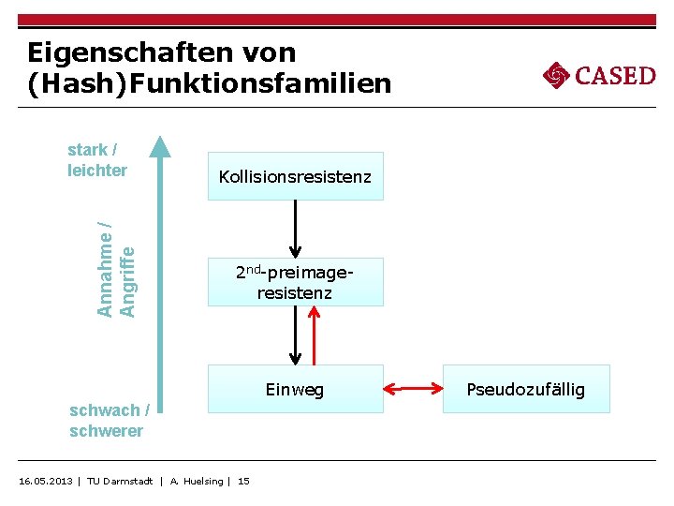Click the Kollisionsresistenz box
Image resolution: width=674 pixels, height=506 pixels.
tap(295, 176)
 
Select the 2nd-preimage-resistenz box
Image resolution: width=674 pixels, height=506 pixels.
tap(295, 282)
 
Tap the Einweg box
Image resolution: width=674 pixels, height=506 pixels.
tap(295, 389)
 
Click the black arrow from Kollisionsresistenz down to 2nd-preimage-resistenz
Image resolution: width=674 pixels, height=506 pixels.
tap(296, 229)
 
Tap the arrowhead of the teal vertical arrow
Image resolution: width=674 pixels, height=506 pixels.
tap(161, 146)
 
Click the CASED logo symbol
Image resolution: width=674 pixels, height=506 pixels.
tap(556, 75)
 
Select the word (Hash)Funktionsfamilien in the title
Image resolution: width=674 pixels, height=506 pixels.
tap(210, 84)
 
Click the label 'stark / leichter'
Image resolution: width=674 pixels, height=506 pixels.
tap(97, 160)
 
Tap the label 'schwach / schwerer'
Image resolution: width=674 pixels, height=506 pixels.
tap(109, 421)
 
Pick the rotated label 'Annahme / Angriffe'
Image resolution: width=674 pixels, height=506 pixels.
tap(117, 268)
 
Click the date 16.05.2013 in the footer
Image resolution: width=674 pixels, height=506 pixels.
tap(46, 481)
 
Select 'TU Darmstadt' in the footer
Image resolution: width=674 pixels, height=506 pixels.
tap(120, 481)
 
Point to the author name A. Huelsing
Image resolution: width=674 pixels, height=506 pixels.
tap(197, 481)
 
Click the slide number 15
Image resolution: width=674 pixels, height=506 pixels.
tap(243, 481)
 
